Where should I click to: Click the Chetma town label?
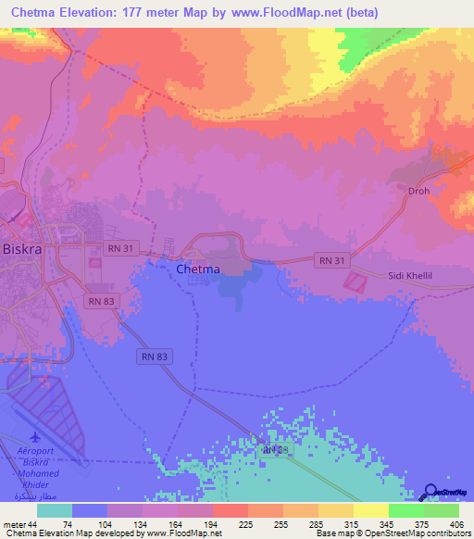point(198,269)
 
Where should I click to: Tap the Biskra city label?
point(21,251)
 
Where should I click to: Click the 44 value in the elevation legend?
point(35,524)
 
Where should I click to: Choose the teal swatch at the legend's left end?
point(54,510)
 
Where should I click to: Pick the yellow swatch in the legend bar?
point(369,510)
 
